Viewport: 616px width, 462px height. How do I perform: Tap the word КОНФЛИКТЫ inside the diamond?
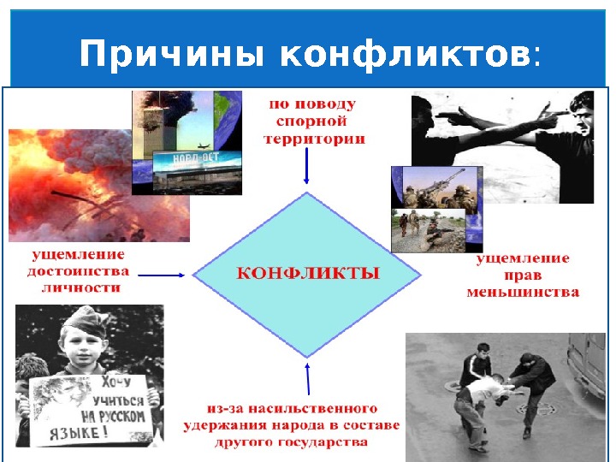pyautogui.click(x=307, y=275)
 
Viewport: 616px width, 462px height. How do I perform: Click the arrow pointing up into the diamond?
pyautogui.click(x=308, y=382)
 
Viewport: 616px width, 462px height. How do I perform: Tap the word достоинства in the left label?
pyautogui.click(x=79, y=271)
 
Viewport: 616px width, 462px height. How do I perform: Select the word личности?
pyautogui.click(x=80, y=287)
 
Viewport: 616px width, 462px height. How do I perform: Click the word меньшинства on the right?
pyautogui.click(x=523, y=292)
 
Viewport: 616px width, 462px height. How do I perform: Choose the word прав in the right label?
pyautogui.click(x=523, y=275)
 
